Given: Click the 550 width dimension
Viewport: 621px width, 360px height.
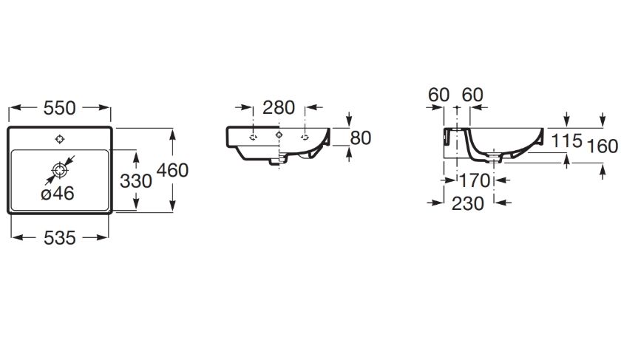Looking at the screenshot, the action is point(59,108).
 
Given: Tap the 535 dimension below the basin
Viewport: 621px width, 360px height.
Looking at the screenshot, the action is point(59,238).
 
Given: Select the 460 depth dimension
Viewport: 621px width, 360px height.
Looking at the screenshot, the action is point(172,171).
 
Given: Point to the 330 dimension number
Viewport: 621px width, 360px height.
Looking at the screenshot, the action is point(136,181).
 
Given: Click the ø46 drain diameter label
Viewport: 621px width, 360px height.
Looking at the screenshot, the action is point(58,194).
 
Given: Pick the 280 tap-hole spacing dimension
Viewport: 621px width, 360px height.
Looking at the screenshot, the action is point(279,108).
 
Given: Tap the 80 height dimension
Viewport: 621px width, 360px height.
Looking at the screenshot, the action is point(361,138).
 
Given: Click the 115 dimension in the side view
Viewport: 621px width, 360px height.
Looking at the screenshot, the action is point(567,140).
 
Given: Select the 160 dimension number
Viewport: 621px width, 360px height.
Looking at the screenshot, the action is point(602,146).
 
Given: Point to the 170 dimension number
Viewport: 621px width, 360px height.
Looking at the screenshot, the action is point(475,181).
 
